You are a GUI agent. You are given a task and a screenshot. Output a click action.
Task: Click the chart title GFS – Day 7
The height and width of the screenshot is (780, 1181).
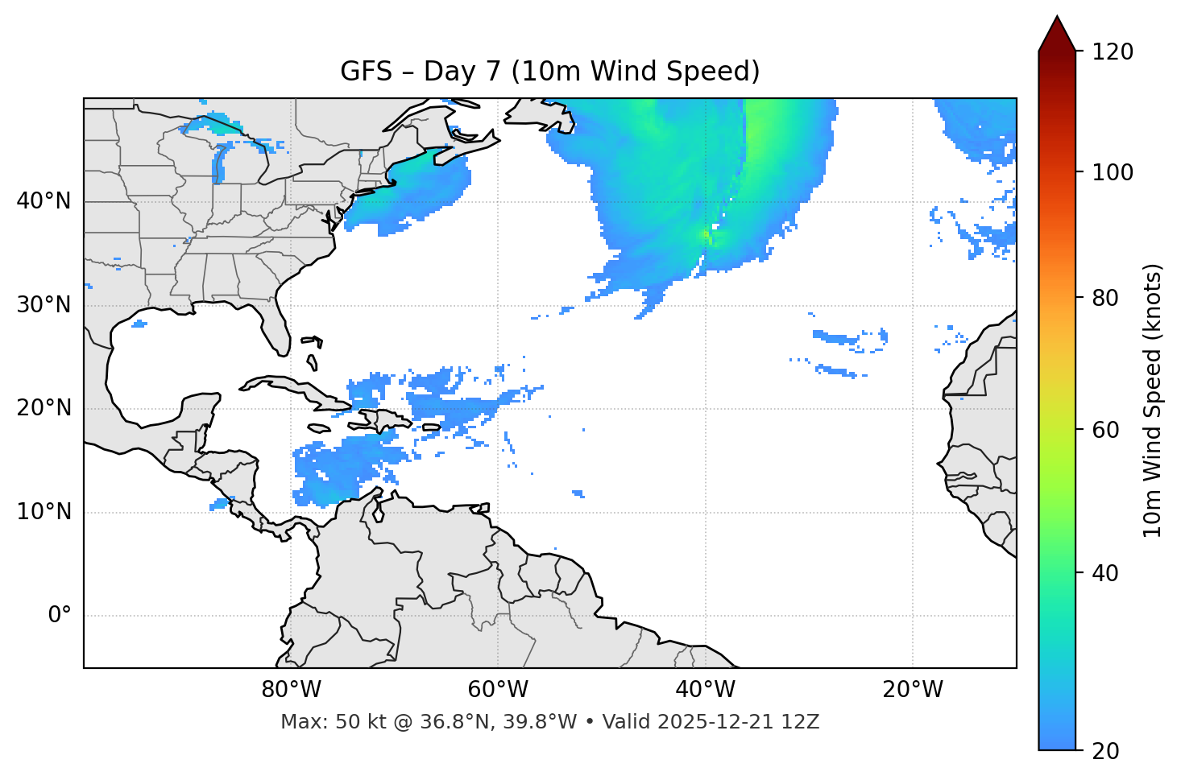tap(549, 72)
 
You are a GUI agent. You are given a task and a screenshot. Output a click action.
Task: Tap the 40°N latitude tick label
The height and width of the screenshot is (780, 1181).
tap(44, 201)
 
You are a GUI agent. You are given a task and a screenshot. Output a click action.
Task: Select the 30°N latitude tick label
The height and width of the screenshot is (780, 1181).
tap(44, 305)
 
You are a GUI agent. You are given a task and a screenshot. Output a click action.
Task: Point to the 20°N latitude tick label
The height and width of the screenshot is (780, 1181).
tap(44, 408)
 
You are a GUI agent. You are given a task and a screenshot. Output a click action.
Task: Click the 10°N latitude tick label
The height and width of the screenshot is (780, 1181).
tap(44, 512)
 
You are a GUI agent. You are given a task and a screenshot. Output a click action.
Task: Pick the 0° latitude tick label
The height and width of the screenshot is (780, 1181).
tap(60, 616)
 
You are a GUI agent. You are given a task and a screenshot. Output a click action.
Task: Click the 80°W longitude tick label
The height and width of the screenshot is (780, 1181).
tap(291, 690)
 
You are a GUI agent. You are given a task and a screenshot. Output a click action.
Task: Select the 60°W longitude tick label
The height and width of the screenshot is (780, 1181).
tap(498, 690)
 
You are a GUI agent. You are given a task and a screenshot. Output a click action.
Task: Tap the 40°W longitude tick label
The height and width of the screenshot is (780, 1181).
tap(705, 690)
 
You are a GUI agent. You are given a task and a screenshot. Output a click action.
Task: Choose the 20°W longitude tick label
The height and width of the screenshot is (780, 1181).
tap(913, 690)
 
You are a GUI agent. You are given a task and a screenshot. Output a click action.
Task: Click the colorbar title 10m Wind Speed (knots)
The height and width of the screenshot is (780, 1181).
tap(1153, 400)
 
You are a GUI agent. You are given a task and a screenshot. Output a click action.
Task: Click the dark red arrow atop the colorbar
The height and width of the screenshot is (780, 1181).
tap(1057, 34)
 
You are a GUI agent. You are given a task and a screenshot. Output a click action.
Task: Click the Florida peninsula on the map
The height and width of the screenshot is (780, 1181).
tap(277, 330)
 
